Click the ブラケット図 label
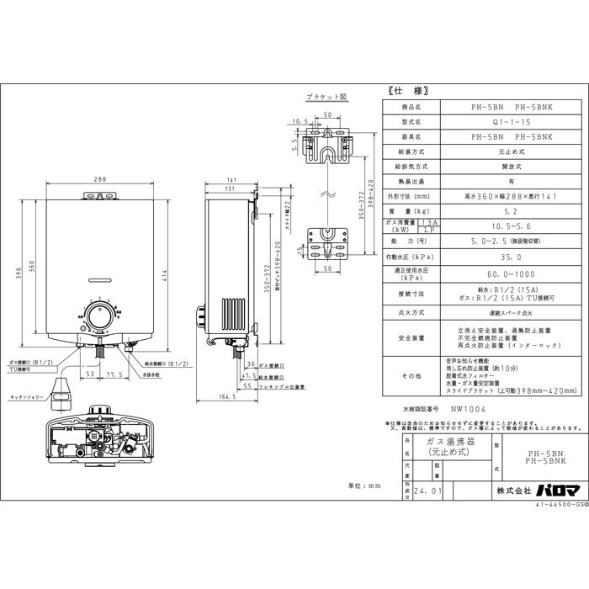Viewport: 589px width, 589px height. (326, 97)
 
